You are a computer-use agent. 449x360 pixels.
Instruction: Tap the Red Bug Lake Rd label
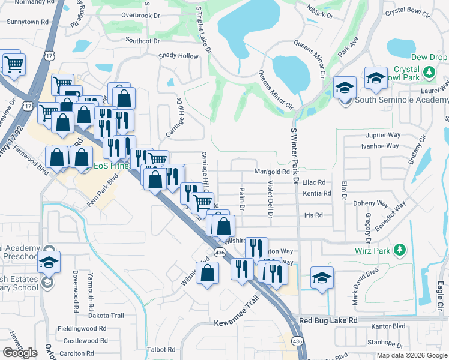click(328, 321)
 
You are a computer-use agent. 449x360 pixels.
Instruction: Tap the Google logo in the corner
click(20, 352)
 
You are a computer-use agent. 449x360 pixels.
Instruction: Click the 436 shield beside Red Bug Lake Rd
click(297, 341)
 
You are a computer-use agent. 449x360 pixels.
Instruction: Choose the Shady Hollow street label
click(178, 56)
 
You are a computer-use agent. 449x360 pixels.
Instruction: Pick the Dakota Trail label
click(102, 315)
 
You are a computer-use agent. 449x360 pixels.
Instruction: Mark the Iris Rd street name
click(313, 215)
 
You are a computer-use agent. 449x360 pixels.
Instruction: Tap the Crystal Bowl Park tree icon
click(429, 73)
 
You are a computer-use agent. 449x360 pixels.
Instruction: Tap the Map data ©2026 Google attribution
click(411, 355)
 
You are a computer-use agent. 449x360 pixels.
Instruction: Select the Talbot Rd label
click(155, 349)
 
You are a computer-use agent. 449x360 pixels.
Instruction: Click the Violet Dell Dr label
click(270, 199)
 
